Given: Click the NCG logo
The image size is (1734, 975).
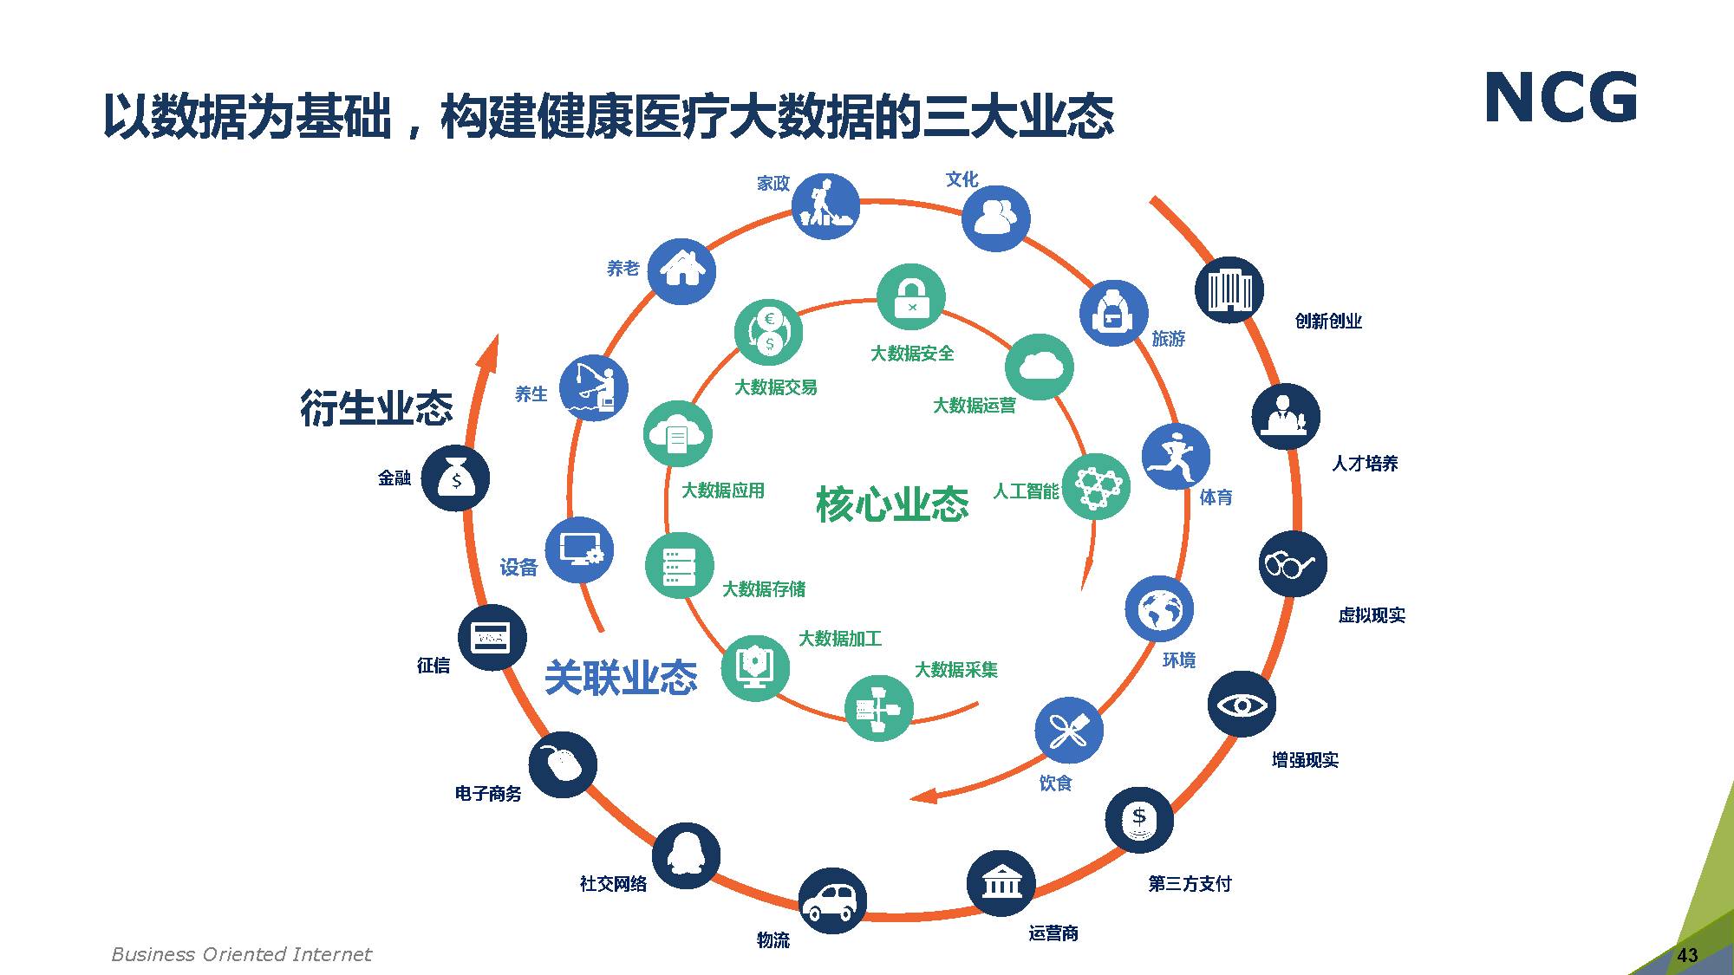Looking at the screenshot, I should coord(1561,98).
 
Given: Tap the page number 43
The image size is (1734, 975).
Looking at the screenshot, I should coord(1687,955).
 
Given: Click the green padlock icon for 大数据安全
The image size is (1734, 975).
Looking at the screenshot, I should coord(910,297).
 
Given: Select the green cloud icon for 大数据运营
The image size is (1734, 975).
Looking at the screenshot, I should coord(1040,367).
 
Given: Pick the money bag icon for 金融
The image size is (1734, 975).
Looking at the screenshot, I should coord(455,478).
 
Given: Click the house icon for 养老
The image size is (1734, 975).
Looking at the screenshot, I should coord(682,270).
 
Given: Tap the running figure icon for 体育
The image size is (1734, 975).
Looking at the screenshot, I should coord(1176,457).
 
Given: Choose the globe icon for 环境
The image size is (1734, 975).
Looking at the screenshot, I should coord(1159,609).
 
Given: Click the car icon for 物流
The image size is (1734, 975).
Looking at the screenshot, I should coord(831,900).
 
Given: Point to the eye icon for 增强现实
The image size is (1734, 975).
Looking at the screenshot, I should coord(1242,704).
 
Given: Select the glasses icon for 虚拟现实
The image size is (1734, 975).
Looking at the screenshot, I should coord(1292,563).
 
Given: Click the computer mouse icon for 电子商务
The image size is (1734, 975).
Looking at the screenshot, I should coord(563,764).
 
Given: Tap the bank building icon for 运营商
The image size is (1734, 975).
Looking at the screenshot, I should coord(1001,883).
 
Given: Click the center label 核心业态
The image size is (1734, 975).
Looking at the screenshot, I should coord(892,504).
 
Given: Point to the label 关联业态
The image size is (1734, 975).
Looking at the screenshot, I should coord(621,678).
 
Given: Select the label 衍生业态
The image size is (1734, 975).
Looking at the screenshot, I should coord(376,407).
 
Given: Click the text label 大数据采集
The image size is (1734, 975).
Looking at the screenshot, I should coord(956,670).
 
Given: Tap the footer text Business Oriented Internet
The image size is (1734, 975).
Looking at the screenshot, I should coord(241,954).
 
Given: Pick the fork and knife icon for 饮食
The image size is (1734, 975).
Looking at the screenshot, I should coord(1068,731).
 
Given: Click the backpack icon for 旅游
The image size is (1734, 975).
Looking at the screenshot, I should coord(1113,313).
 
